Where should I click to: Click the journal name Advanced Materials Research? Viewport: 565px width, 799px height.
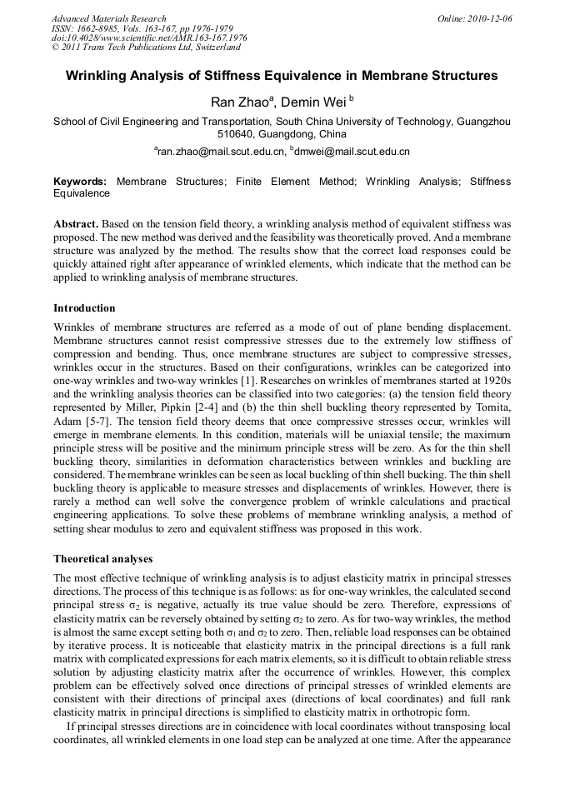[108, 18]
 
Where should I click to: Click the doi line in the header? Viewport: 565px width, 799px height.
[149, 38]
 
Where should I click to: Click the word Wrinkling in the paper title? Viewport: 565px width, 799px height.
[100, 76]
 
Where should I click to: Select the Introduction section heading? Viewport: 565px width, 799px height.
[84, 308]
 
